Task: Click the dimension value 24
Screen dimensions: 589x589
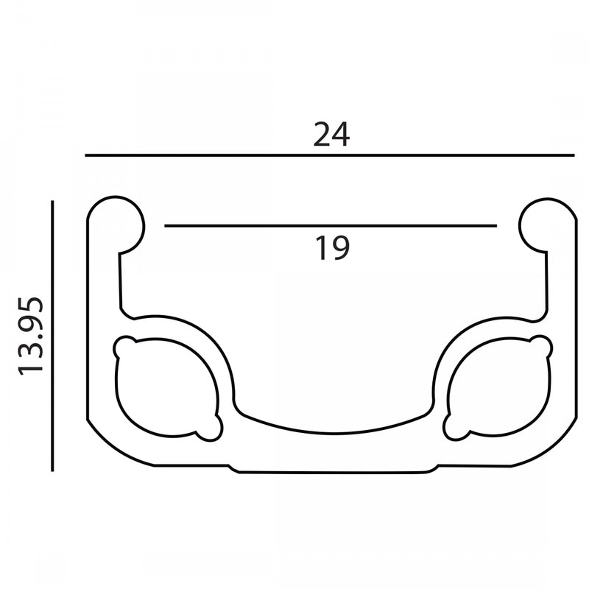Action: point(331,135)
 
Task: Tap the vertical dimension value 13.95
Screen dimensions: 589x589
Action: point(33,336)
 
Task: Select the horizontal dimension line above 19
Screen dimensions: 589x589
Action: point(330,225)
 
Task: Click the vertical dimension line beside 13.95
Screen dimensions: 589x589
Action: point(52,335)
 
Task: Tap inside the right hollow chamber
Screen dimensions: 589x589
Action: point(498,388)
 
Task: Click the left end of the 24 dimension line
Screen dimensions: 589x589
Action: point(86,155)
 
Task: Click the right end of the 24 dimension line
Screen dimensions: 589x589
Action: point(573,155)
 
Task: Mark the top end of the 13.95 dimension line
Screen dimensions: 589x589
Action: point(52,201)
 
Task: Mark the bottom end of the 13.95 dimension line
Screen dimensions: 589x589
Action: point(52,470)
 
